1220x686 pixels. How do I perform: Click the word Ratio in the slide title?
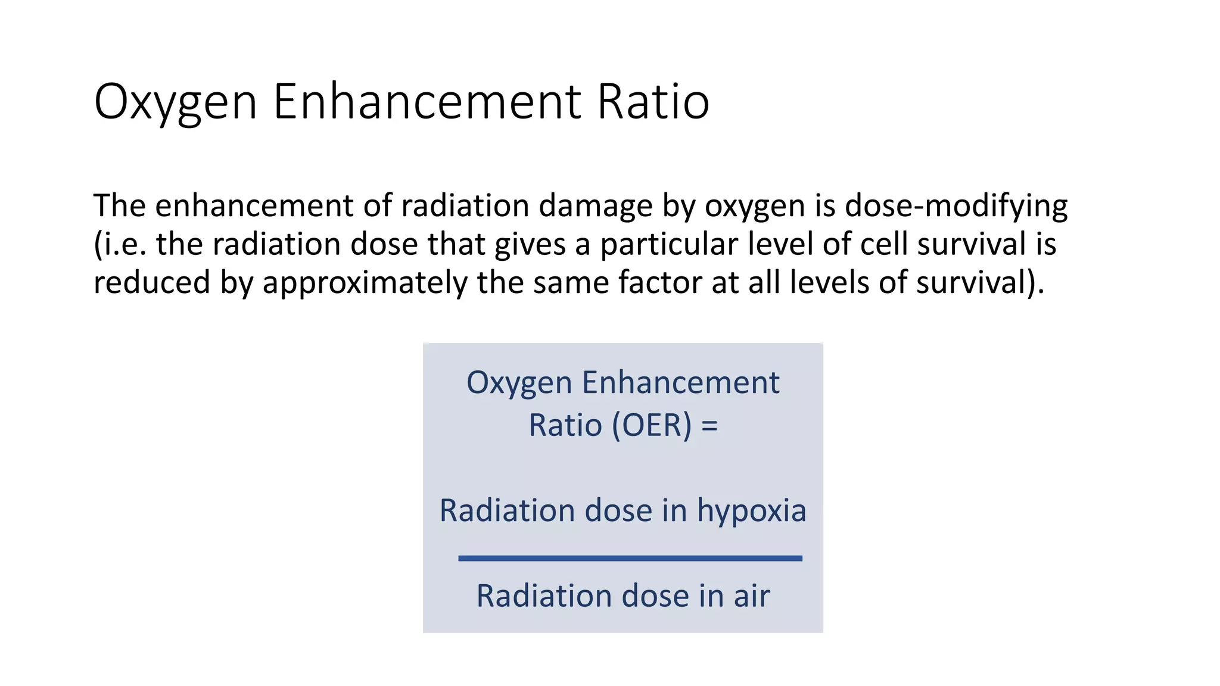[x=653, y=101]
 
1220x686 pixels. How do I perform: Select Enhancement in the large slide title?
[x=426, y=101]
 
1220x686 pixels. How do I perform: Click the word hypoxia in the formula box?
[x=751, y=511]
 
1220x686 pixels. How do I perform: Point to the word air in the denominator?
[x=752, y=596]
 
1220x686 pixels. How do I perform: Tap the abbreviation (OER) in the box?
[x=652, y=425]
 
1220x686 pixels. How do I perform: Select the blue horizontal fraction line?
[x=630, y=558]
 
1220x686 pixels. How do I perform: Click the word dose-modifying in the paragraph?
[x=956, y=206]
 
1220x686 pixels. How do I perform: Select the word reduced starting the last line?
[x=152, y=282]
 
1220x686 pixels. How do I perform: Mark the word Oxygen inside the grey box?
[x=519, y=383]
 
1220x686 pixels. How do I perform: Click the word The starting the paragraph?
[x=119, y=206]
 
